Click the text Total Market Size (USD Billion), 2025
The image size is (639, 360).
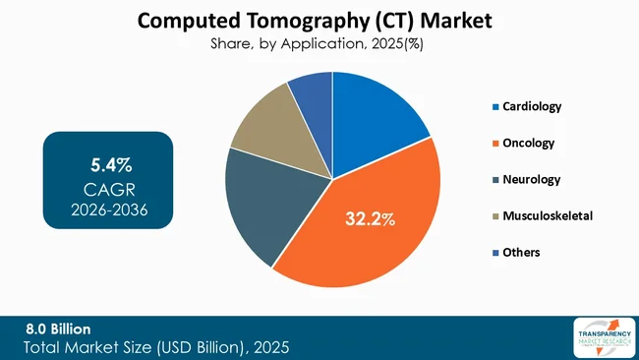point(157,348)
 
